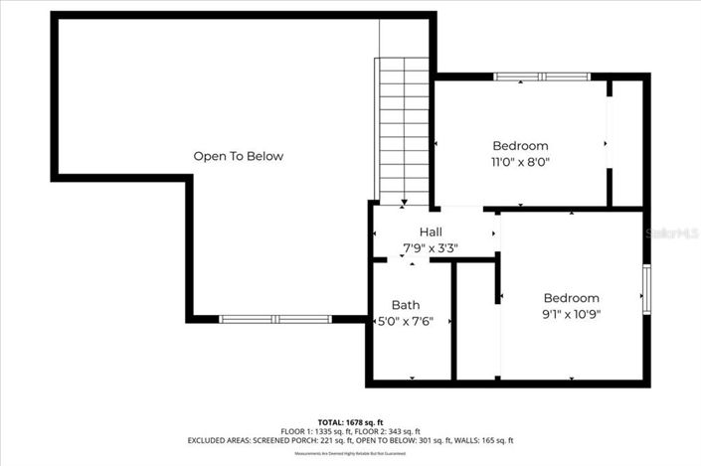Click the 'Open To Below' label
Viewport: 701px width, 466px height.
click(238, 156)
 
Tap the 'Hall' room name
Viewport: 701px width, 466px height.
click(430, 232)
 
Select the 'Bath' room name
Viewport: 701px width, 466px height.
click(406, 305)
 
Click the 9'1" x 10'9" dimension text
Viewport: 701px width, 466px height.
click(571, 314)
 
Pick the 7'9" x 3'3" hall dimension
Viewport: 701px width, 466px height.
click(430, 247)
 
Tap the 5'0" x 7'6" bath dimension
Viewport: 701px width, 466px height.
click(406, 321)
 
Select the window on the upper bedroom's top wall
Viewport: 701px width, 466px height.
click(543, 77)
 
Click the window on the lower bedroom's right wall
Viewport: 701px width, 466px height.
click(646, 289)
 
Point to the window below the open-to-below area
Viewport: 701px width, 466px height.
click(276, 319)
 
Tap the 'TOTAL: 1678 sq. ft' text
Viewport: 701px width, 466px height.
click(350, 422)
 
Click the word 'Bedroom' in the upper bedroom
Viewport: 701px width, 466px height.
click(520, 145)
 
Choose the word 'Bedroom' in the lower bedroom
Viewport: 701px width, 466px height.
click(571, 298)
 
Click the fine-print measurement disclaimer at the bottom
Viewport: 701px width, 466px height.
click(350, 454)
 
